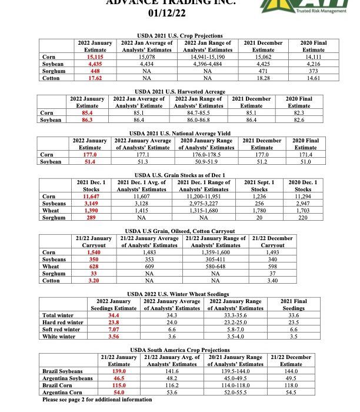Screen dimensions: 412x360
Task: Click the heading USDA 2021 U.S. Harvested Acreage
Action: (x=179, y=92)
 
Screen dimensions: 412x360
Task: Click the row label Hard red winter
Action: (x=64, y=322)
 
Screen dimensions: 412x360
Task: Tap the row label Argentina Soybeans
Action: (x=68, y=378)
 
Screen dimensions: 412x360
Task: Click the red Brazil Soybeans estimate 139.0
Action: (x=120, y=371)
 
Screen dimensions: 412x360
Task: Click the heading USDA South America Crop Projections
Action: (x=179, y=349)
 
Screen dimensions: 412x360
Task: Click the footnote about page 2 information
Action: (x=97, y=399)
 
